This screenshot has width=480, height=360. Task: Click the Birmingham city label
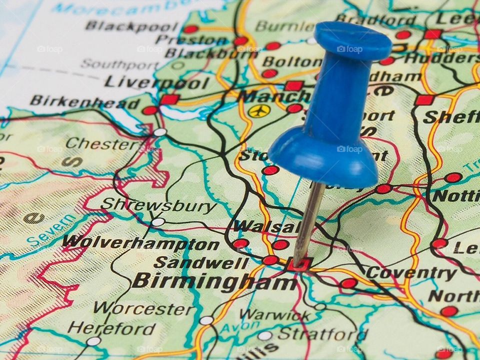pyautogui.click(x=215, y=281)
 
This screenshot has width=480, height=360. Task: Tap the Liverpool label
pyautogui.click(x=156, y=82)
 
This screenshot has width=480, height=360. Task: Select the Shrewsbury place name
pyautogui.click(x=158, y=205)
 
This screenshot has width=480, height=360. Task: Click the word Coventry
pyautogui.click(x=411, y=273)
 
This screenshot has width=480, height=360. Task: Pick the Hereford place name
pyautogui.click(x=112, y=328)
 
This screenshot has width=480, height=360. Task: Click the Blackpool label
pyautogui.click(x=131, y=26)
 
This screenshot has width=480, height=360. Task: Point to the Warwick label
pyautogui.click(x=274, y=315)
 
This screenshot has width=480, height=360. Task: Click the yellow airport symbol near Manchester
pyautogui.click(x=259, y=110)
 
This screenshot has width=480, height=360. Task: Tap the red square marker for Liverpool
pyautogui.click(x=169, y=99)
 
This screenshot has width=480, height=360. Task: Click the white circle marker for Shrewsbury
pyautogui.click(x=158, y=221)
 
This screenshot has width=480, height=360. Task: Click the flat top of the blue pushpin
pyautogui.click(x=353, y=40)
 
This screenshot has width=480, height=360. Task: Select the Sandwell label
pyautogui.click(x=201, y=262)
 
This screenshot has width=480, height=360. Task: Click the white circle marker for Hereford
pyautogui.click(x=93, y=341)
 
